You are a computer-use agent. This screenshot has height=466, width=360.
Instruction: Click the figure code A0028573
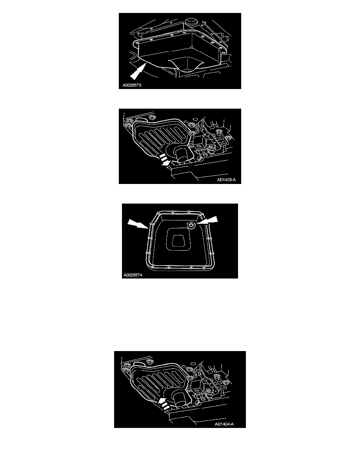[x=132, y=85]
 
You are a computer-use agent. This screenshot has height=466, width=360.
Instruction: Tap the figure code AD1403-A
[x=226, y=180]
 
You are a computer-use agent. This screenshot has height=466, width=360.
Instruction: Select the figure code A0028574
[x=133, y=275]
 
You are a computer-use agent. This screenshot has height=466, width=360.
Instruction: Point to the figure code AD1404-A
[x=224, y=424]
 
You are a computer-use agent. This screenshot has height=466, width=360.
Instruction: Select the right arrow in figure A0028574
[x=208, y=220]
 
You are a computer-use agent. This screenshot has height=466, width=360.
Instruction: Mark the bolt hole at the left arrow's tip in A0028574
[x=152, y=223]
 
